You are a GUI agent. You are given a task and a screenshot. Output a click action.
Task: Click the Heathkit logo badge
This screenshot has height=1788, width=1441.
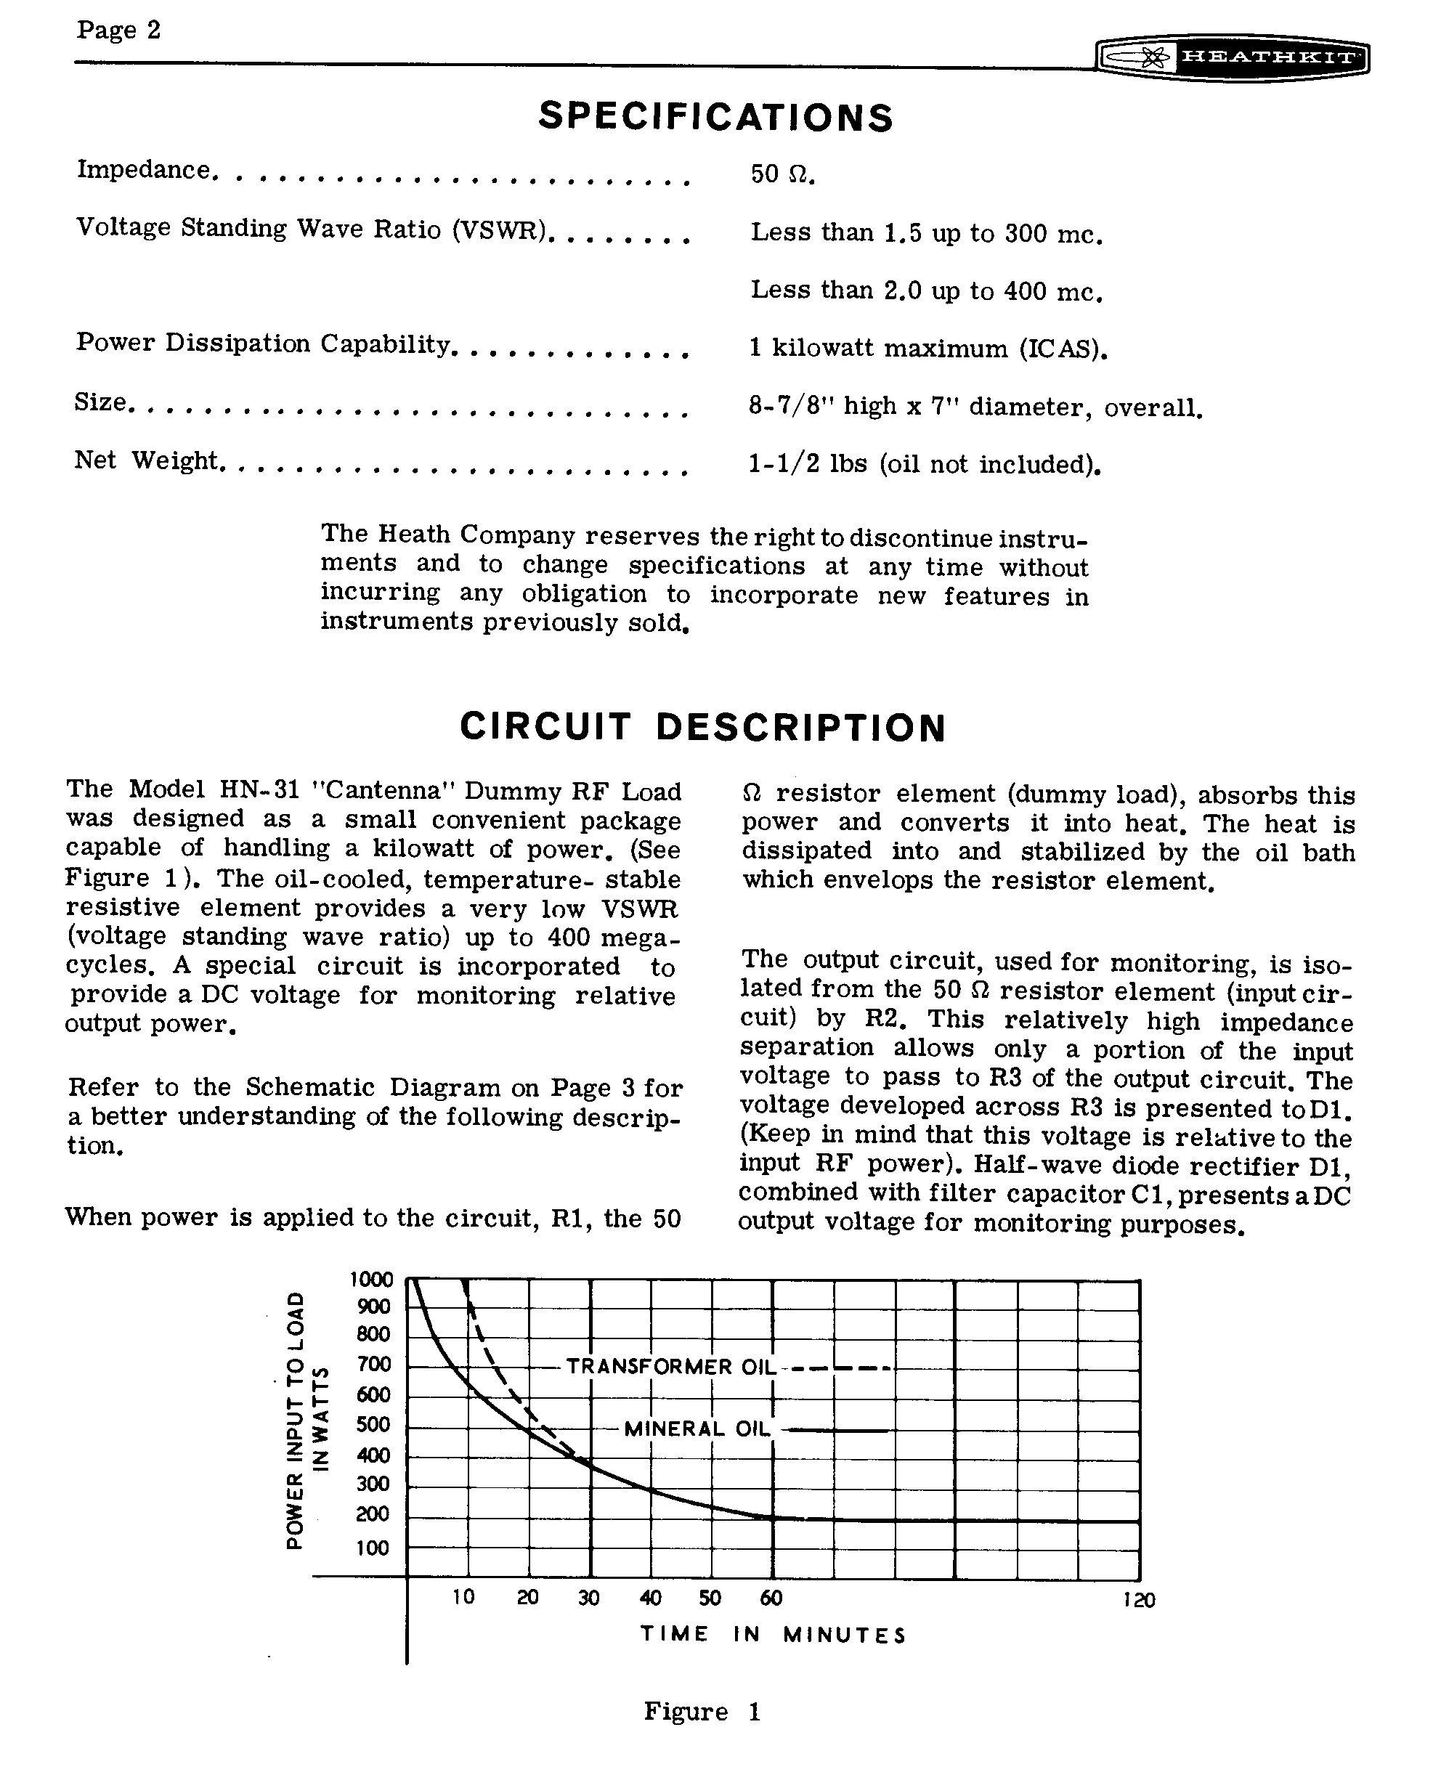tap(1232, 58)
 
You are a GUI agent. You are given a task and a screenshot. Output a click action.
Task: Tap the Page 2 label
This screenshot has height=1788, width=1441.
tap(118, 31)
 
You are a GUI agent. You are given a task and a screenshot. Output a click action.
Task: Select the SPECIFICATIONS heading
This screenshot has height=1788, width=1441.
tap(715, 116)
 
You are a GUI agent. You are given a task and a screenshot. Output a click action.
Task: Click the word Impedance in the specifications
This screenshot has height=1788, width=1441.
tap(145, 169)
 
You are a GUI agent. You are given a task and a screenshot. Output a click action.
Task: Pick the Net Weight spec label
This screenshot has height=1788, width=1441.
tap(147, 460)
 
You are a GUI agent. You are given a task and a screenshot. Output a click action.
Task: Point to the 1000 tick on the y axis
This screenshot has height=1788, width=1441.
tap(371, 1279)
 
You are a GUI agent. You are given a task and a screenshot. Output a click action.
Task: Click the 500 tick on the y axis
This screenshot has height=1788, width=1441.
tap(373, 1424)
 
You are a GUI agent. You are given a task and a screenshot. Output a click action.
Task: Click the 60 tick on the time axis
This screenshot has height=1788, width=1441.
tap(771, 1598)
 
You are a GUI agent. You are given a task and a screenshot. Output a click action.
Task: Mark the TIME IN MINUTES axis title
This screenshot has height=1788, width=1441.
tap(773, 1635)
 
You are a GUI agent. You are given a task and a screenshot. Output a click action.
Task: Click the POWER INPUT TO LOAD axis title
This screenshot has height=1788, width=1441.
tap(294, 1420)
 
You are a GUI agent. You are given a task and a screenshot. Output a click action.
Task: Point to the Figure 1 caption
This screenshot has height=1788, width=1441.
tap(702, 1712)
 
